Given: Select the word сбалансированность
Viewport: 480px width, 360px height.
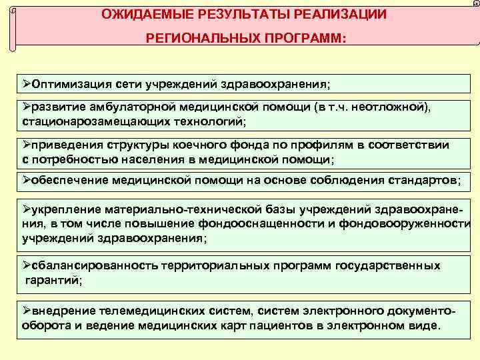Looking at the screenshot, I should coord(93,265).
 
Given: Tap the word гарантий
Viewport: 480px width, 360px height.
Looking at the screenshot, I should coord(53,280).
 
